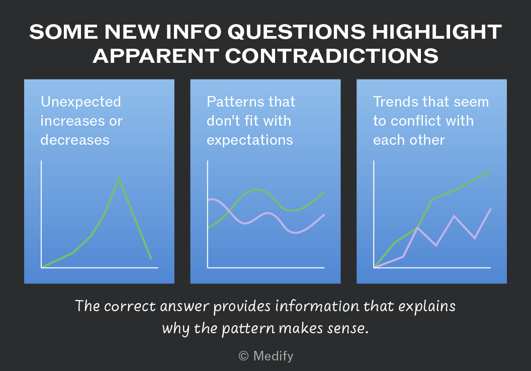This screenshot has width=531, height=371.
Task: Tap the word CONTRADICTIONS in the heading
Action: click(x=332, y=56)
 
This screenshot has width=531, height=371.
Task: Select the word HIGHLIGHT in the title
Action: click(x=437, y=32)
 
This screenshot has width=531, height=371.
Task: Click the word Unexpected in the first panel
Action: click(x=80, y=102)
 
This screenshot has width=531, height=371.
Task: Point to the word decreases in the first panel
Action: click(x=75, y=140)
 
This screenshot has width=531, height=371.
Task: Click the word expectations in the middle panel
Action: click(x=250, y=140)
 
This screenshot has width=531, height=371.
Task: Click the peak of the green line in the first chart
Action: click(x=119, y=178)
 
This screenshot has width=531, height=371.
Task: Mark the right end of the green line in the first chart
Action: click(x=151, y=259)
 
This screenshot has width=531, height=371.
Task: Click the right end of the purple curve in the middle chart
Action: click(x=324, y=215)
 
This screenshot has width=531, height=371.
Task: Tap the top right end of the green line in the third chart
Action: click(x=491, y=171)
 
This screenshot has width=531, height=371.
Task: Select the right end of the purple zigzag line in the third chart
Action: click(x=491, y=209)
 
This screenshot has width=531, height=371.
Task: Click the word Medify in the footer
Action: click(x=273, y=356)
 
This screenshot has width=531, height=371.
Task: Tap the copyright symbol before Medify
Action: click(x=243, y=356)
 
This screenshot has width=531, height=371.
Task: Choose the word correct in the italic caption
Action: click(x=130, y=306)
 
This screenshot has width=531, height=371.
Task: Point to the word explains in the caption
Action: click(x=427, y=307)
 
